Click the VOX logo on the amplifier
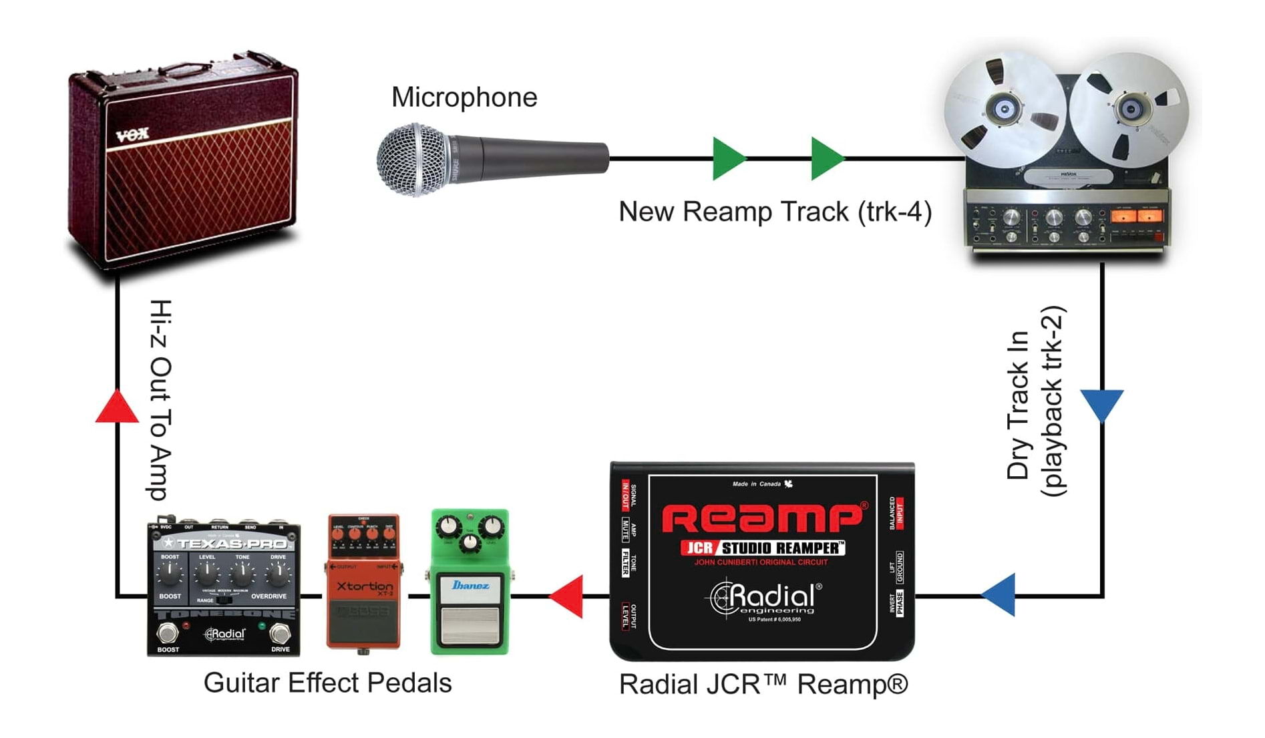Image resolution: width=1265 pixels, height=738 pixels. click(x=132, y=136)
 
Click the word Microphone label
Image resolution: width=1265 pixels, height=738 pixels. click(x=464, y=98)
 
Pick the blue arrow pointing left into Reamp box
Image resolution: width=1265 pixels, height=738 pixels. click(x=1000, y=594)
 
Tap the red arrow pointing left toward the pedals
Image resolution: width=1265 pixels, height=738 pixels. click(x=566, y=596)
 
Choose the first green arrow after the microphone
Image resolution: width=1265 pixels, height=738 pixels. click(x=727, y=159)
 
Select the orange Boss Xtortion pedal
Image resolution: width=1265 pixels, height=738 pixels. click(x=364, y=581)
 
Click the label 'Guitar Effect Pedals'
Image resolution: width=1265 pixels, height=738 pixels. click(x=327, y=683)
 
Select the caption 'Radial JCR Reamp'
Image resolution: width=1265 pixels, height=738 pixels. click(x=763, y=685)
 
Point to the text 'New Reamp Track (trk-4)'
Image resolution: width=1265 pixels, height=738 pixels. click(x=775, y=212)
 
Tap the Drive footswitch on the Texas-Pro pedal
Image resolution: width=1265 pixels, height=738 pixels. click(x=281, y=632)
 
